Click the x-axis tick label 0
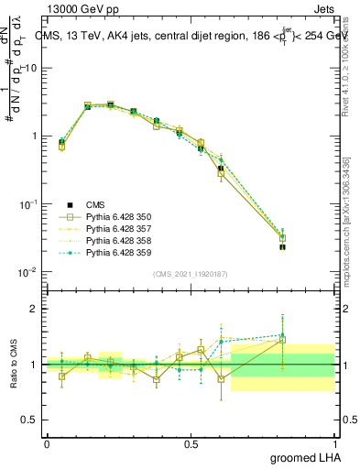pos(46,443)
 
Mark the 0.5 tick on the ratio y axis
pos(31,420)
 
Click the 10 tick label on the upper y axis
pos(29,68)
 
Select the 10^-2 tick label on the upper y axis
pos(26,272)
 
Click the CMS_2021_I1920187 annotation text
pos(191,274)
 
